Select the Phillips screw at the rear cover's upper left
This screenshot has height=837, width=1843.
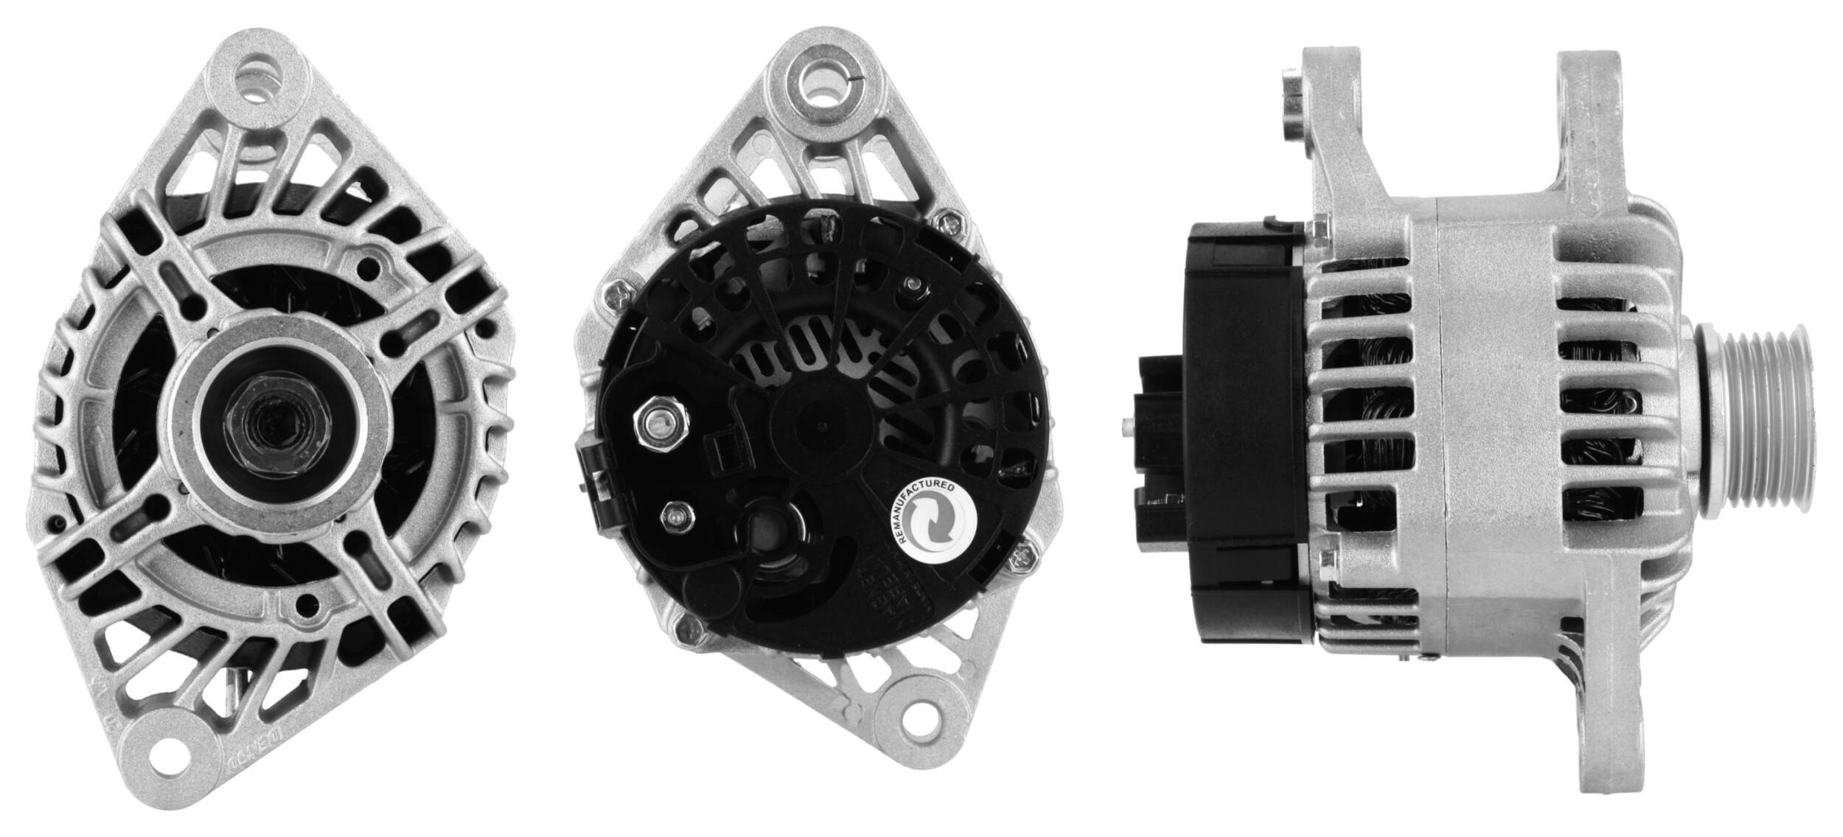617,295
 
